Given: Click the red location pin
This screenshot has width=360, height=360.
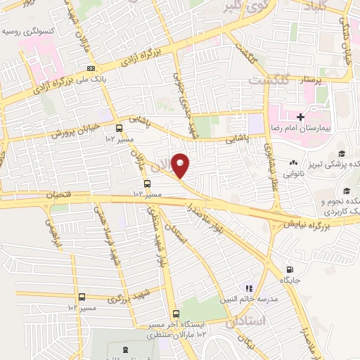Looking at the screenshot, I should click(x=181, y=165).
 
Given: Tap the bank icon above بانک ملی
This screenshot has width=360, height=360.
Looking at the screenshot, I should click(x=91, y=68).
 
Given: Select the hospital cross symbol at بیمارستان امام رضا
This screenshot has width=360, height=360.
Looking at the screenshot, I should click(x=301, y=117).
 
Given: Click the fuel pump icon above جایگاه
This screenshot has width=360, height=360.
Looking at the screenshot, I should click(x=290, y=269).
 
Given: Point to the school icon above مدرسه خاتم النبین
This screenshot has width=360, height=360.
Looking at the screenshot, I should click(x=247, y=288).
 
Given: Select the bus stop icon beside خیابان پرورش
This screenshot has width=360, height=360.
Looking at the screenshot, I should click(x=118, y=129).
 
